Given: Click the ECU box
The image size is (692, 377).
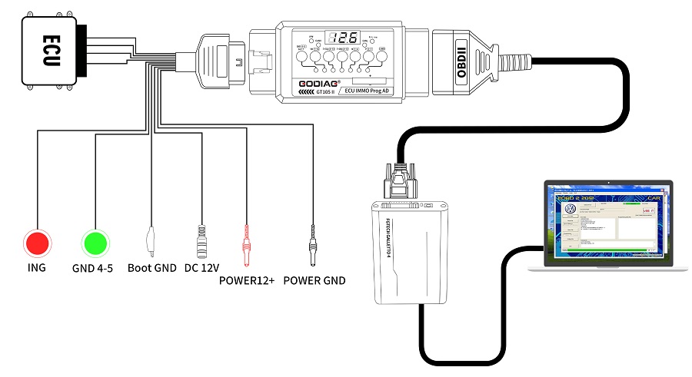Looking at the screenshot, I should coord(48,50).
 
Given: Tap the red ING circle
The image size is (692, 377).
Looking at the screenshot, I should coord(36,243).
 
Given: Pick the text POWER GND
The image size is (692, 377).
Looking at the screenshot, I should coord(314,280).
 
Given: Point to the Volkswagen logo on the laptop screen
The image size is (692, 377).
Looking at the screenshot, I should coord(571,209).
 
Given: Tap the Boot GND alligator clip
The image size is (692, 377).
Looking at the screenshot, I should coord(152,240).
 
